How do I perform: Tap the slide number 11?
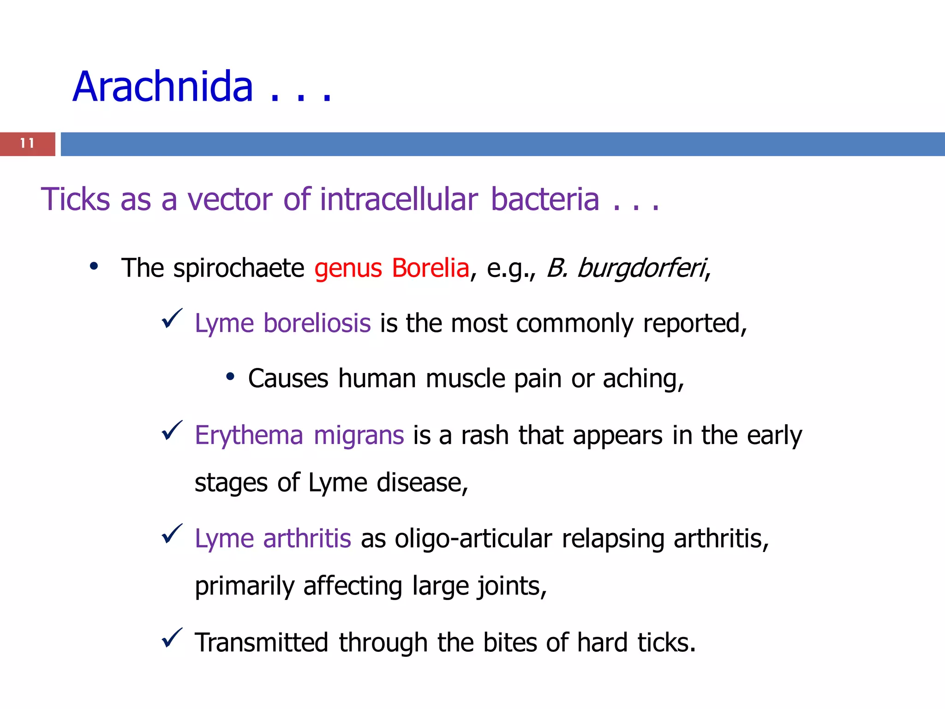(27, 144)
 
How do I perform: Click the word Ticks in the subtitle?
(76, 199)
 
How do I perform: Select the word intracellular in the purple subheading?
(399, 199)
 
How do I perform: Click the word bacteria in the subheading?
(545, 199)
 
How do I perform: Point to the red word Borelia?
(430, 268)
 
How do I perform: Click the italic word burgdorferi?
(641, 269)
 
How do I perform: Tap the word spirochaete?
(239, 269)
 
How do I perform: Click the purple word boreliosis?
(317, 323)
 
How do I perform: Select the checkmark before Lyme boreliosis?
(172, 319)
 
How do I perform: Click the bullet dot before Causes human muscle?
(231, 377)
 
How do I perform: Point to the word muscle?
(465, 379)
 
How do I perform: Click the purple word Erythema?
(249, 435)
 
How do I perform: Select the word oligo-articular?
(473, 539)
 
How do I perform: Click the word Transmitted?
(261, 643)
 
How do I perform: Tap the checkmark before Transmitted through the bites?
(172, 638)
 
